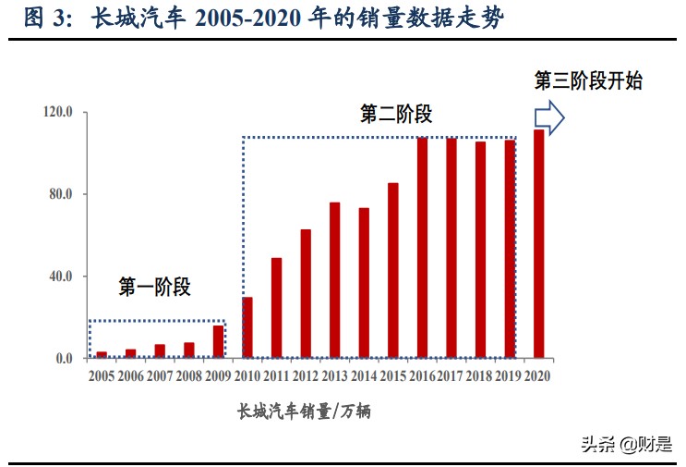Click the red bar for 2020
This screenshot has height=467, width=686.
(x=538, y=244)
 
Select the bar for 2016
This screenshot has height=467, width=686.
(x=422, y=248)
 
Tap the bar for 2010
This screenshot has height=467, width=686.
(x=247, y=327)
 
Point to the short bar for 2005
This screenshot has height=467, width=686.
(x=102, y=354)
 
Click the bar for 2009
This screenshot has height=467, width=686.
(x=218, y=341)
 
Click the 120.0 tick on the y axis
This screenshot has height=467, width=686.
(x=57, y=113)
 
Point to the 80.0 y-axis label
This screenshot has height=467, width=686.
(x=60, y=195)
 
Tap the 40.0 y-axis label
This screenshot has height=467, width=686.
(x=60, y=277)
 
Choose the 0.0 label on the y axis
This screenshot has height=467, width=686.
(x=64, y=359)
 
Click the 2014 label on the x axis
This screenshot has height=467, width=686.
(x=364, y=376)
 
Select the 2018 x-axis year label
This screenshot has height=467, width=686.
(x=480, y=376)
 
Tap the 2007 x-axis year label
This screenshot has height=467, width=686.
(x=160, y=376)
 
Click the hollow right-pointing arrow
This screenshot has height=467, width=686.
(x=549, y=117)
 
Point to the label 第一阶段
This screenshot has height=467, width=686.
(x=154, y=288)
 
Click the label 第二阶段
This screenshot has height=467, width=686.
(x=396, y=115)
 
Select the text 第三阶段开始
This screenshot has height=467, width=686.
(x=588, y=80)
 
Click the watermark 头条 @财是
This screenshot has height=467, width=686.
(x=626, y=444)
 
